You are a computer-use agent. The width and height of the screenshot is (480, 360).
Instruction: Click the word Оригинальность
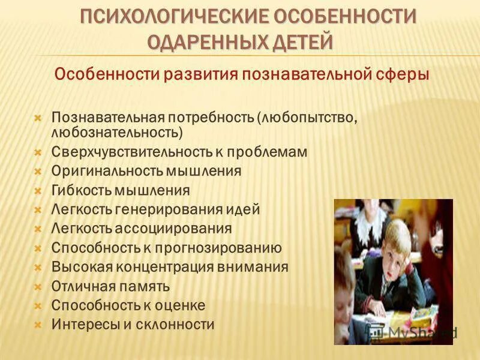(106, 171)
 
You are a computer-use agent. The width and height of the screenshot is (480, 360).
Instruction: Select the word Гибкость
(79, 190)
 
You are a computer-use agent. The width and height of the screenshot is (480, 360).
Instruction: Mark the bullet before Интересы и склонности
(37, 325)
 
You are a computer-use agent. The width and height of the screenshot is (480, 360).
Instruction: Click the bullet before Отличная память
(37, 286)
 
